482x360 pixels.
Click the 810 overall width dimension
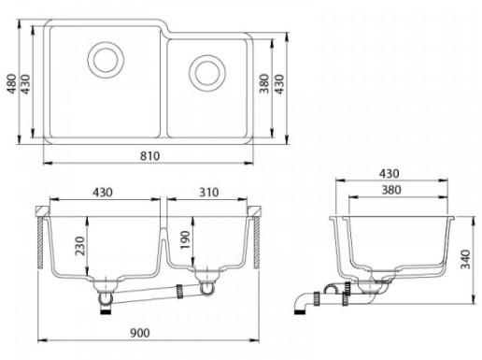click(x=149, y=156)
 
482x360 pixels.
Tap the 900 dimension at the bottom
click(x=140, y=333)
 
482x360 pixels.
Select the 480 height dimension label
click(x=12, y=83)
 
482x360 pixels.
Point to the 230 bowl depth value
click(x=80, y=246)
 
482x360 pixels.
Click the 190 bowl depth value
click(x=185, y=239)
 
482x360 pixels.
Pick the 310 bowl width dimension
click(x=209, y=193)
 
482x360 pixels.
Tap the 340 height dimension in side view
click(x=466, y=259)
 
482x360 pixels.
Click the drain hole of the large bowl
click(x=106, y=60)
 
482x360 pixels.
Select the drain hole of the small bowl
click(x=207, y=73)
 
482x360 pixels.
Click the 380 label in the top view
click(x=264, y=83)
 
